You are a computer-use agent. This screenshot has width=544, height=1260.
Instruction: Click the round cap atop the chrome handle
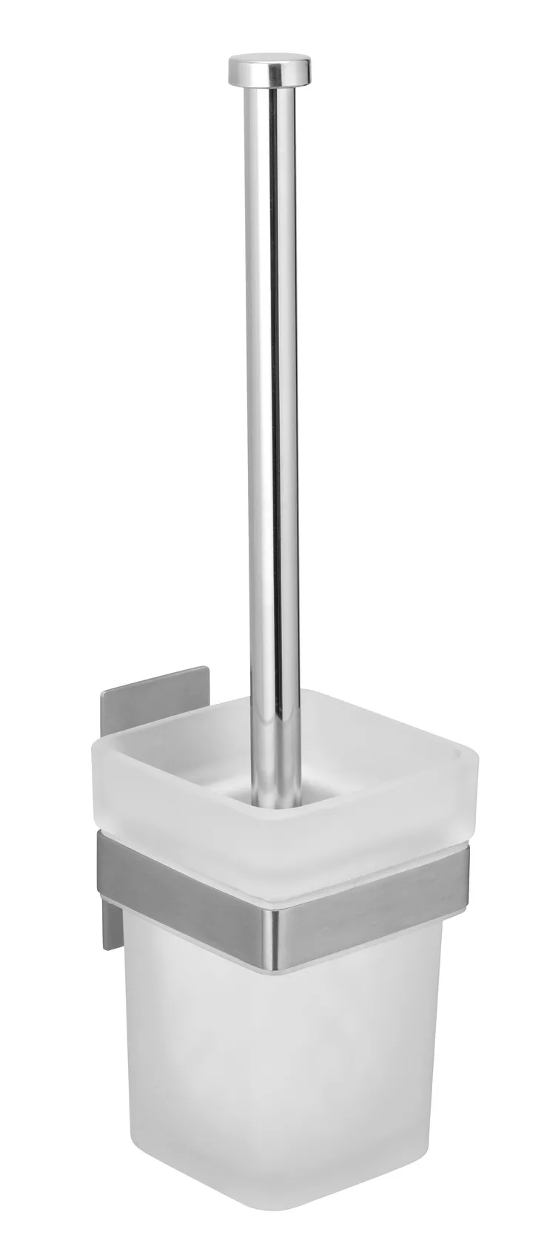click(x=270, y=70)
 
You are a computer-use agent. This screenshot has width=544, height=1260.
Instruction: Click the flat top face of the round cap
click(x=270, y=58)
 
